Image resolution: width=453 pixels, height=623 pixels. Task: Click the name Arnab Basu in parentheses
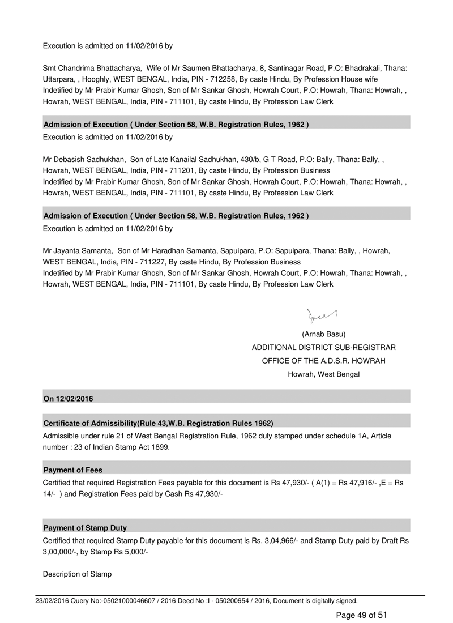pyautogui.click(x=324, y=334)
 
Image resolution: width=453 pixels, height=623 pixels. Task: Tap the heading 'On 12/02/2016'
pyautogui.click(x=68, y=399)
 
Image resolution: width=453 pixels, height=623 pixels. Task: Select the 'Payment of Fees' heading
pyautogui.click(x=73, y=470)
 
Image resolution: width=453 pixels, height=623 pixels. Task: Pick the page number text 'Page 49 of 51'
pyautogui.click(x=362, y=615)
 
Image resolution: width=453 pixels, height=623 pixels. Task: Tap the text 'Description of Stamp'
pyautogui.click(x=77, y=574)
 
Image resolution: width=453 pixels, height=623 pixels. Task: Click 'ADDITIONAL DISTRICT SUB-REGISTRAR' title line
pyautogui.click(x=324, y=347)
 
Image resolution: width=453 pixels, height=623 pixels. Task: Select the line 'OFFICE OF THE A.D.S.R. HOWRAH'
pyautogui.click(x=324, y=361)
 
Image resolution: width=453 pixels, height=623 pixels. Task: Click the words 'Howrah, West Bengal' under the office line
pyautogui.click(x=324, y=374)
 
